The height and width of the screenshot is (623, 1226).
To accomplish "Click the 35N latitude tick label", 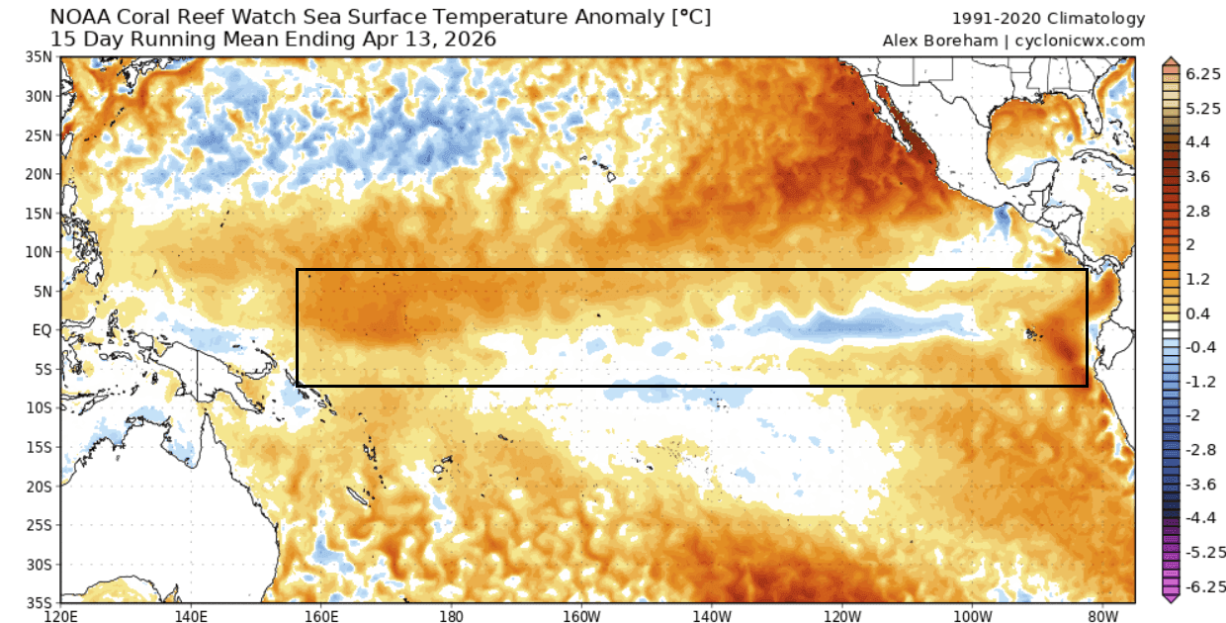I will coord(42,57).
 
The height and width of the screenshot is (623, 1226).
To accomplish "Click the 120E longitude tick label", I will coord(61,614).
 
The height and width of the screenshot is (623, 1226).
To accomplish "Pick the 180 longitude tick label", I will coord(451,614).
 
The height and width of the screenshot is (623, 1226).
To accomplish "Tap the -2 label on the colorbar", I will coord(1185,415).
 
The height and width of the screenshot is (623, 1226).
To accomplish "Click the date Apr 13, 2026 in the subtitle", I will coord(432,40).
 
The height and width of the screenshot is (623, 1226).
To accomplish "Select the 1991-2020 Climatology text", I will coord(1048,19).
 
